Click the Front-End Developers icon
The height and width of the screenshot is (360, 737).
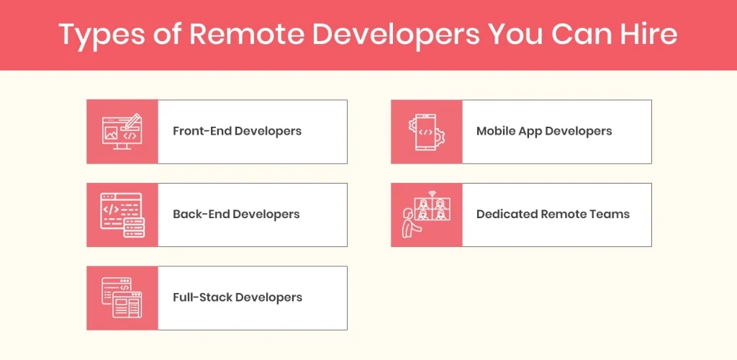(x=122, y=131)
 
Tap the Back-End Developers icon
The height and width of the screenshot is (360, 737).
(x=122, y=215)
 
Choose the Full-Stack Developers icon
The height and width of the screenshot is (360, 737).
(x=122, y=297)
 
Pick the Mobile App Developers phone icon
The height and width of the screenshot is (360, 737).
(x=426, y=131)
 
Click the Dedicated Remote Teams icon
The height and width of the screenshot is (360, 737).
(x=426, y=215)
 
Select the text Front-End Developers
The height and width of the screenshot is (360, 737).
(x=237, y=131)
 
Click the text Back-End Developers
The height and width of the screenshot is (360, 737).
(x=236, y=215)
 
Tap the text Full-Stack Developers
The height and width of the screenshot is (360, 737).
(x=238, y=297)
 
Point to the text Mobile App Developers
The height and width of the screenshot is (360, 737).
(x=544, y=131)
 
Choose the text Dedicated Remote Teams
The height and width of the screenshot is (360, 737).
(x=553, y=215)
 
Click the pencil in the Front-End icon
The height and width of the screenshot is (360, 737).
(x=132, y=120)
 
